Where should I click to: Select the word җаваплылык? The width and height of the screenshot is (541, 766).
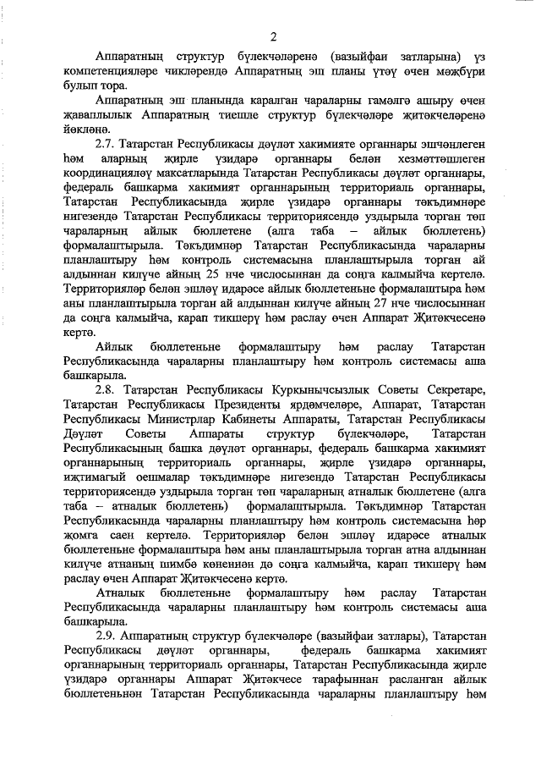point(101,113)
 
